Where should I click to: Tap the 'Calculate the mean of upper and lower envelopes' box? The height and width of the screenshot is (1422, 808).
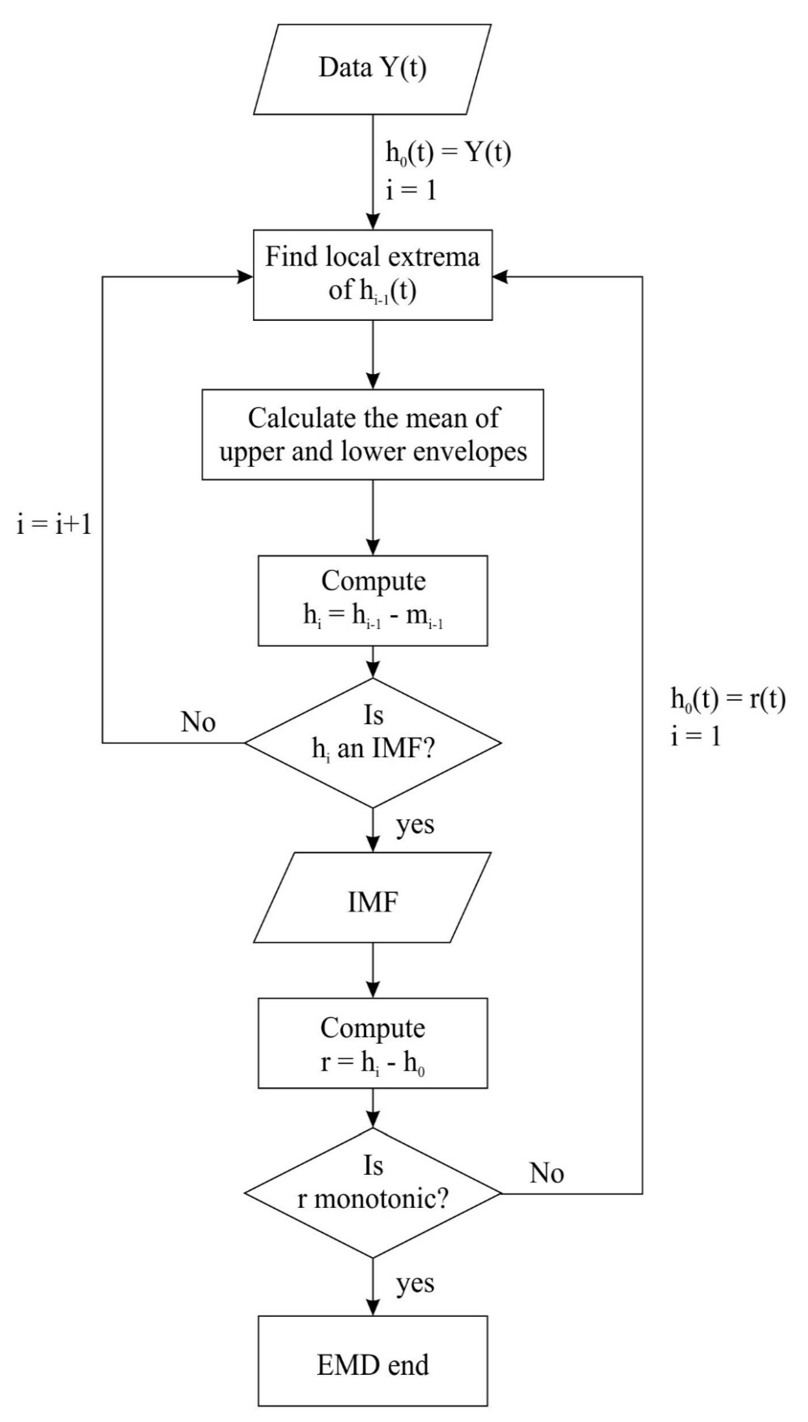[x=372, y=434]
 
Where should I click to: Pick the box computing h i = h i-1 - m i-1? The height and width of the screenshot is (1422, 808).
[x=372, y=601]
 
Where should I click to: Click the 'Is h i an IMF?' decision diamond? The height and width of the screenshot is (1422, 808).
[x=372, y=742]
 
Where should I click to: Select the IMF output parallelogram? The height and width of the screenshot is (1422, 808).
[x=372, y=902]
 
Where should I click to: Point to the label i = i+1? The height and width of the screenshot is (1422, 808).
[x=54, y=524]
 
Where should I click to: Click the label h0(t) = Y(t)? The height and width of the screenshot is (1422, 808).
[x=448, y=153]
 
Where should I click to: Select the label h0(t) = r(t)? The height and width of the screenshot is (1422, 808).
[x=728, y=699]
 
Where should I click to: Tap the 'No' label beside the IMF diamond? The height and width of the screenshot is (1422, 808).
[x=198, y=722]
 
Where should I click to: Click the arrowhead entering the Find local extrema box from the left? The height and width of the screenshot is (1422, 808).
[x=246, y=276]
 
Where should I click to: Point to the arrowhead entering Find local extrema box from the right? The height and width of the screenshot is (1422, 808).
[x=500, y=276]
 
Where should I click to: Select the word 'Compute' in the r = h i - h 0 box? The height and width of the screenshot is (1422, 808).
[x=372, y=1028]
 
